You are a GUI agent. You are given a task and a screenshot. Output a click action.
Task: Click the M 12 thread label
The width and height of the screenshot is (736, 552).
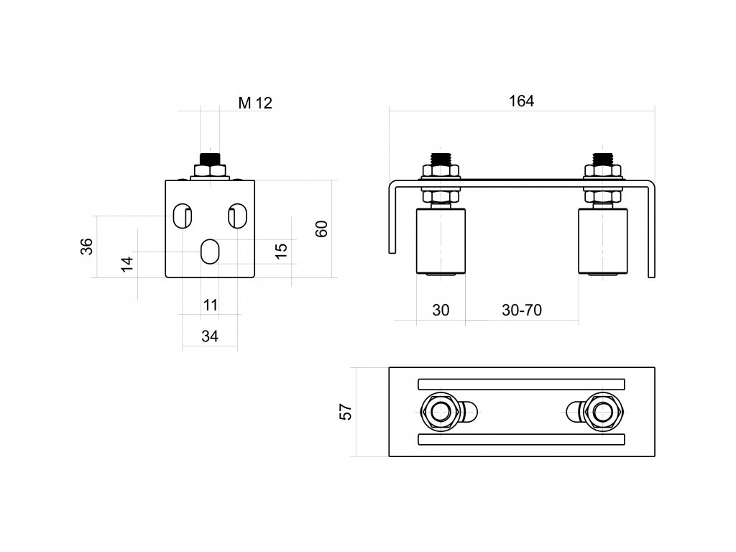255,103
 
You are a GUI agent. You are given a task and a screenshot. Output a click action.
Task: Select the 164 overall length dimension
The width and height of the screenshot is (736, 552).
521,101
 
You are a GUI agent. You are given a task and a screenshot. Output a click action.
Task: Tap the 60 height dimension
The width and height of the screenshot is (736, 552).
322,229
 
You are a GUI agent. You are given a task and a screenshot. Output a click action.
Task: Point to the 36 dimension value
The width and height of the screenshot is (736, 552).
86,246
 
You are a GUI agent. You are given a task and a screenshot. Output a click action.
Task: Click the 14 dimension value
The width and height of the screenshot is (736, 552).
127,263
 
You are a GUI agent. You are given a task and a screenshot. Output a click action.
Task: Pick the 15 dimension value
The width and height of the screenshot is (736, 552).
281,250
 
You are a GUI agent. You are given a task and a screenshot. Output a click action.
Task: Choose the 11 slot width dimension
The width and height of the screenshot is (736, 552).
210,305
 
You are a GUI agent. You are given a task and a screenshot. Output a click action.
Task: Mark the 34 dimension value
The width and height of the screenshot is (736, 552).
210,336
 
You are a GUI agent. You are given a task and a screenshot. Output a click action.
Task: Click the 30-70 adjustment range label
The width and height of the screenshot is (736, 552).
522,310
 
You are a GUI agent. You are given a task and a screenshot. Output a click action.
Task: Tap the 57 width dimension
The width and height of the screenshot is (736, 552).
346,412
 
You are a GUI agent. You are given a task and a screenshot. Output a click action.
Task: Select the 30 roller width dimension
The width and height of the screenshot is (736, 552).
441,310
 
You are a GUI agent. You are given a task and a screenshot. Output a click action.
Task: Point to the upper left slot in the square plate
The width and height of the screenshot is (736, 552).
182,216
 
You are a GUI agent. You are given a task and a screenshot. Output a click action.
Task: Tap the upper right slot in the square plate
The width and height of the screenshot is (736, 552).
238,216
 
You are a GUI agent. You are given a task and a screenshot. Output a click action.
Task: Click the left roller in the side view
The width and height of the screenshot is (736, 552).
441,241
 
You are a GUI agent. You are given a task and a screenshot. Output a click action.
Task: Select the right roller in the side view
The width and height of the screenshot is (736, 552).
603,241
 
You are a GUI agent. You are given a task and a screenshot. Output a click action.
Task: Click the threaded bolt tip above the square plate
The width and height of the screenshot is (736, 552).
210,157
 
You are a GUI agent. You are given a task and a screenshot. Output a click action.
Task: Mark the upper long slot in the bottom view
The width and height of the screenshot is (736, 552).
521,384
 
